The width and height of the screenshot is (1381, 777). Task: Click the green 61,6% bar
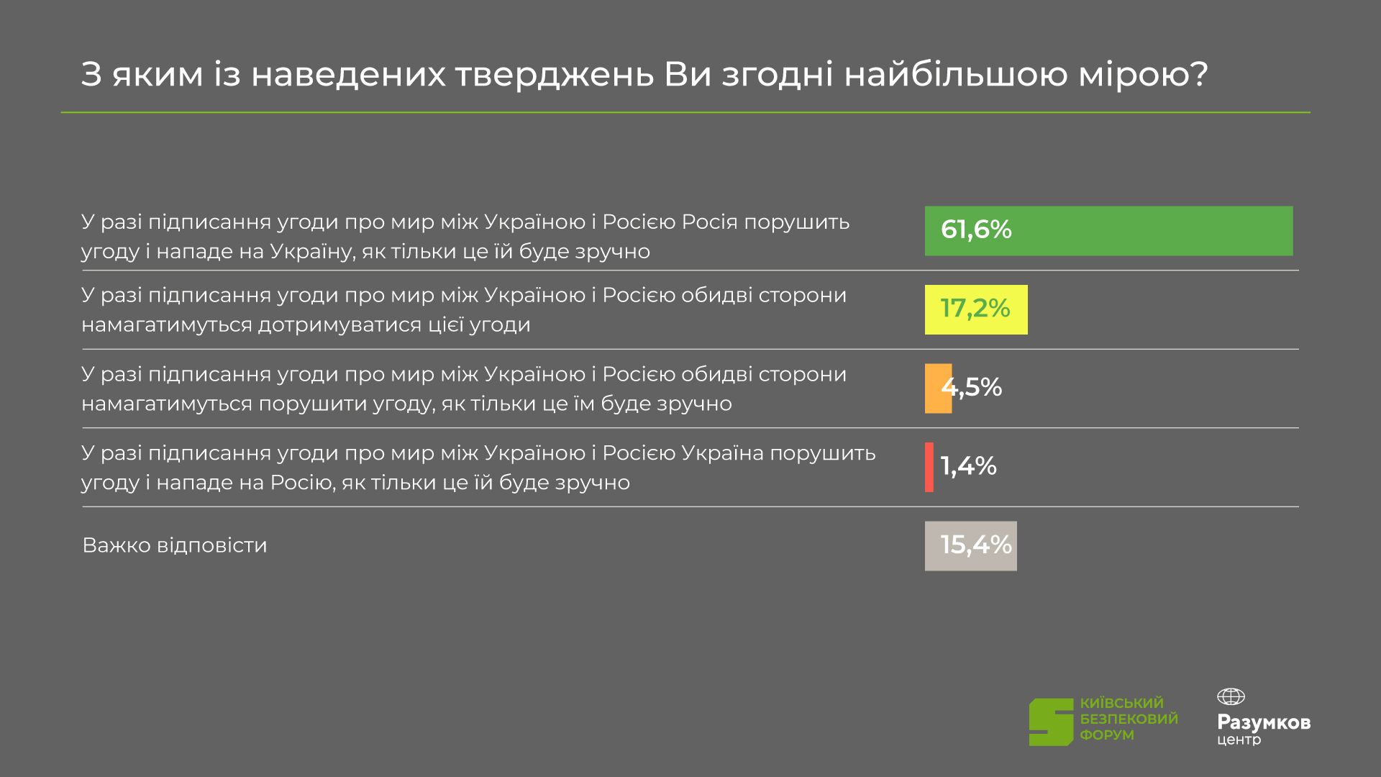1108,231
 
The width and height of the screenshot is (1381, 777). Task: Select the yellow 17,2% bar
976,309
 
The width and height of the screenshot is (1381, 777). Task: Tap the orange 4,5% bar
938,388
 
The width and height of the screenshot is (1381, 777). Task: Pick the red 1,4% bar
929,467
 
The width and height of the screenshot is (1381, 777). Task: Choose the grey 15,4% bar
971,546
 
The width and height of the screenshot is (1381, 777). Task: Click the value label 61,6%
976,230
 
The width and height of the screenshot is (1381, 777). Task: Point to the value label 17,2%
975,309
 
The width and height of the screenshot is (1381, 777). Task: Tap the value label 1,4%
969,466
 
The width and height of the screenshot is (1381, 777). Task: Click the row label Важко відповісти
175,545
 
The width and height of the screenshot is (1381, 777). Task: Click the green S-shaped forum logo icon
1051,722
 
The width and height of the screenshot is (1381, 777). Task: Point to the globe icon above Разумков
1231,696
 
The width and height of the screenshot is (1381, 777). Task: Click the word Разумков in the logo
1264,723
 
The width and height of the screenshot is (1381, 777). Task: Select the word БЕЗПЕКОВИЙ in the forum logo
1129,719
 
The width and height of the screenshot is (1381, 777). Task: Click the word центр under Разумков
1239,740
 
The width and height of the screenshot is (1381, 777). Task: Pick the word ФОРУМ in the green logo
1107,735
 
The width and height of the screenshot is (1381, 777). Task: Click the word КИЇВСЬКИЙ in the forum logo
1122,703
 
